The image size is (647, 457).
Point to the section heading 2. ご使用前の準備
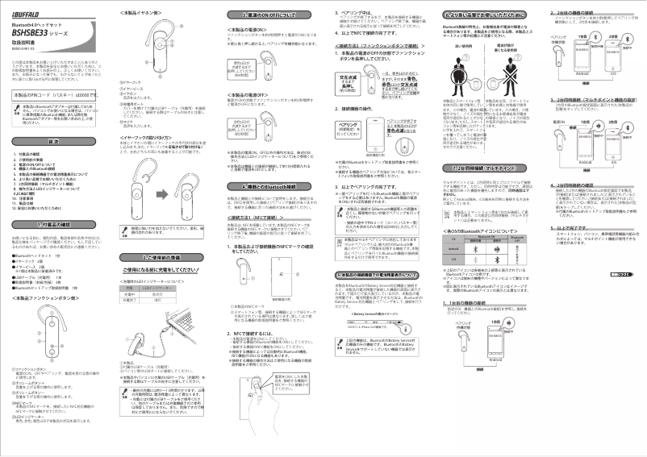pyautogui.click(x=164, y=256)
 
